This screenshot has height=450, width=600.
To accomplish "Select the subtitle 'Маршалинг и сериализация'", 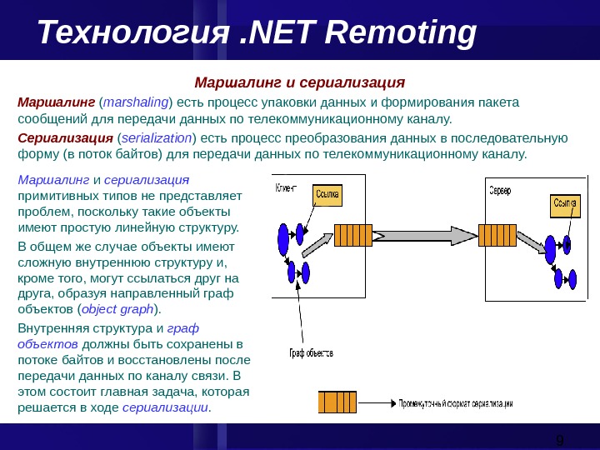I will click(x=299, y=83).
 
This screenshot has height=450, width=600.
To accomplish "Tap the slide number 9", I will click(x=560, y=439).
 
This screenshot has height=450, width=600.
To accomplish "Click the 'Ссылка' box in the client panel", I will click(x=327, y=195).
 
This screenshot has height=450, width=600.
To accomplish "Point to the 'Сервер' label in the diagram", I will click(x=500, y=190).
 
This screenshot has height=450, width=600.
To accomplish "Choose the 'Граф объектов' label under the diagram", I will click(x=311, y=352).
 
